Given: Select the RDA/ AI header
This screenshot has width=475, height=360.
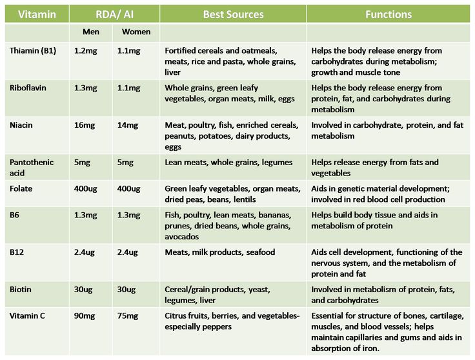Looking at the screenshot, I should [112, 14].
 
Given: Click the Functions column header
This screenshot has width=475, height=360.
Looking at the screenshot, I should [389, 14].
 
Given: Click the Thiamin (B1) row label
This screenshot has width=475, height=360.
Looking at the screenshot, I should [33, 50].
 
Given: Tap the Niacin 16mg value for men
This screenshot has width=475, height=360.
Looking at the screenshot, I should [85, 125].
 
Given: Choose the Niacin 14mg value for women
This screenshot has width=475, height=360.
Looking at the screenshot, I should [128, 125].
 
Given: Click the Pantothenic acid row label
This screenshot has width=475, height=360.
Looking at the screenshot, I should [32, 168].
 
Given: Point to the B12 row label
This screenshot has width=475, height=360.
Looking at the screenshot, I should [18, 252].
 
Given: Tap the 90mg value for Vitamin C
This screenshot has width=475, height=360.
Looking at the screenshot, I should [85, 315].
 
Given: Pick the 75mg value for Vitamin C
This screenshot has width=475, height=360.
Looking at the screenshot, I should [128, 315].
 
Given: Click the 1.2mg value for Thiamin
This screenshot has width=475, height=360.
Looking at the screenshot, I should [86, 50].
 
